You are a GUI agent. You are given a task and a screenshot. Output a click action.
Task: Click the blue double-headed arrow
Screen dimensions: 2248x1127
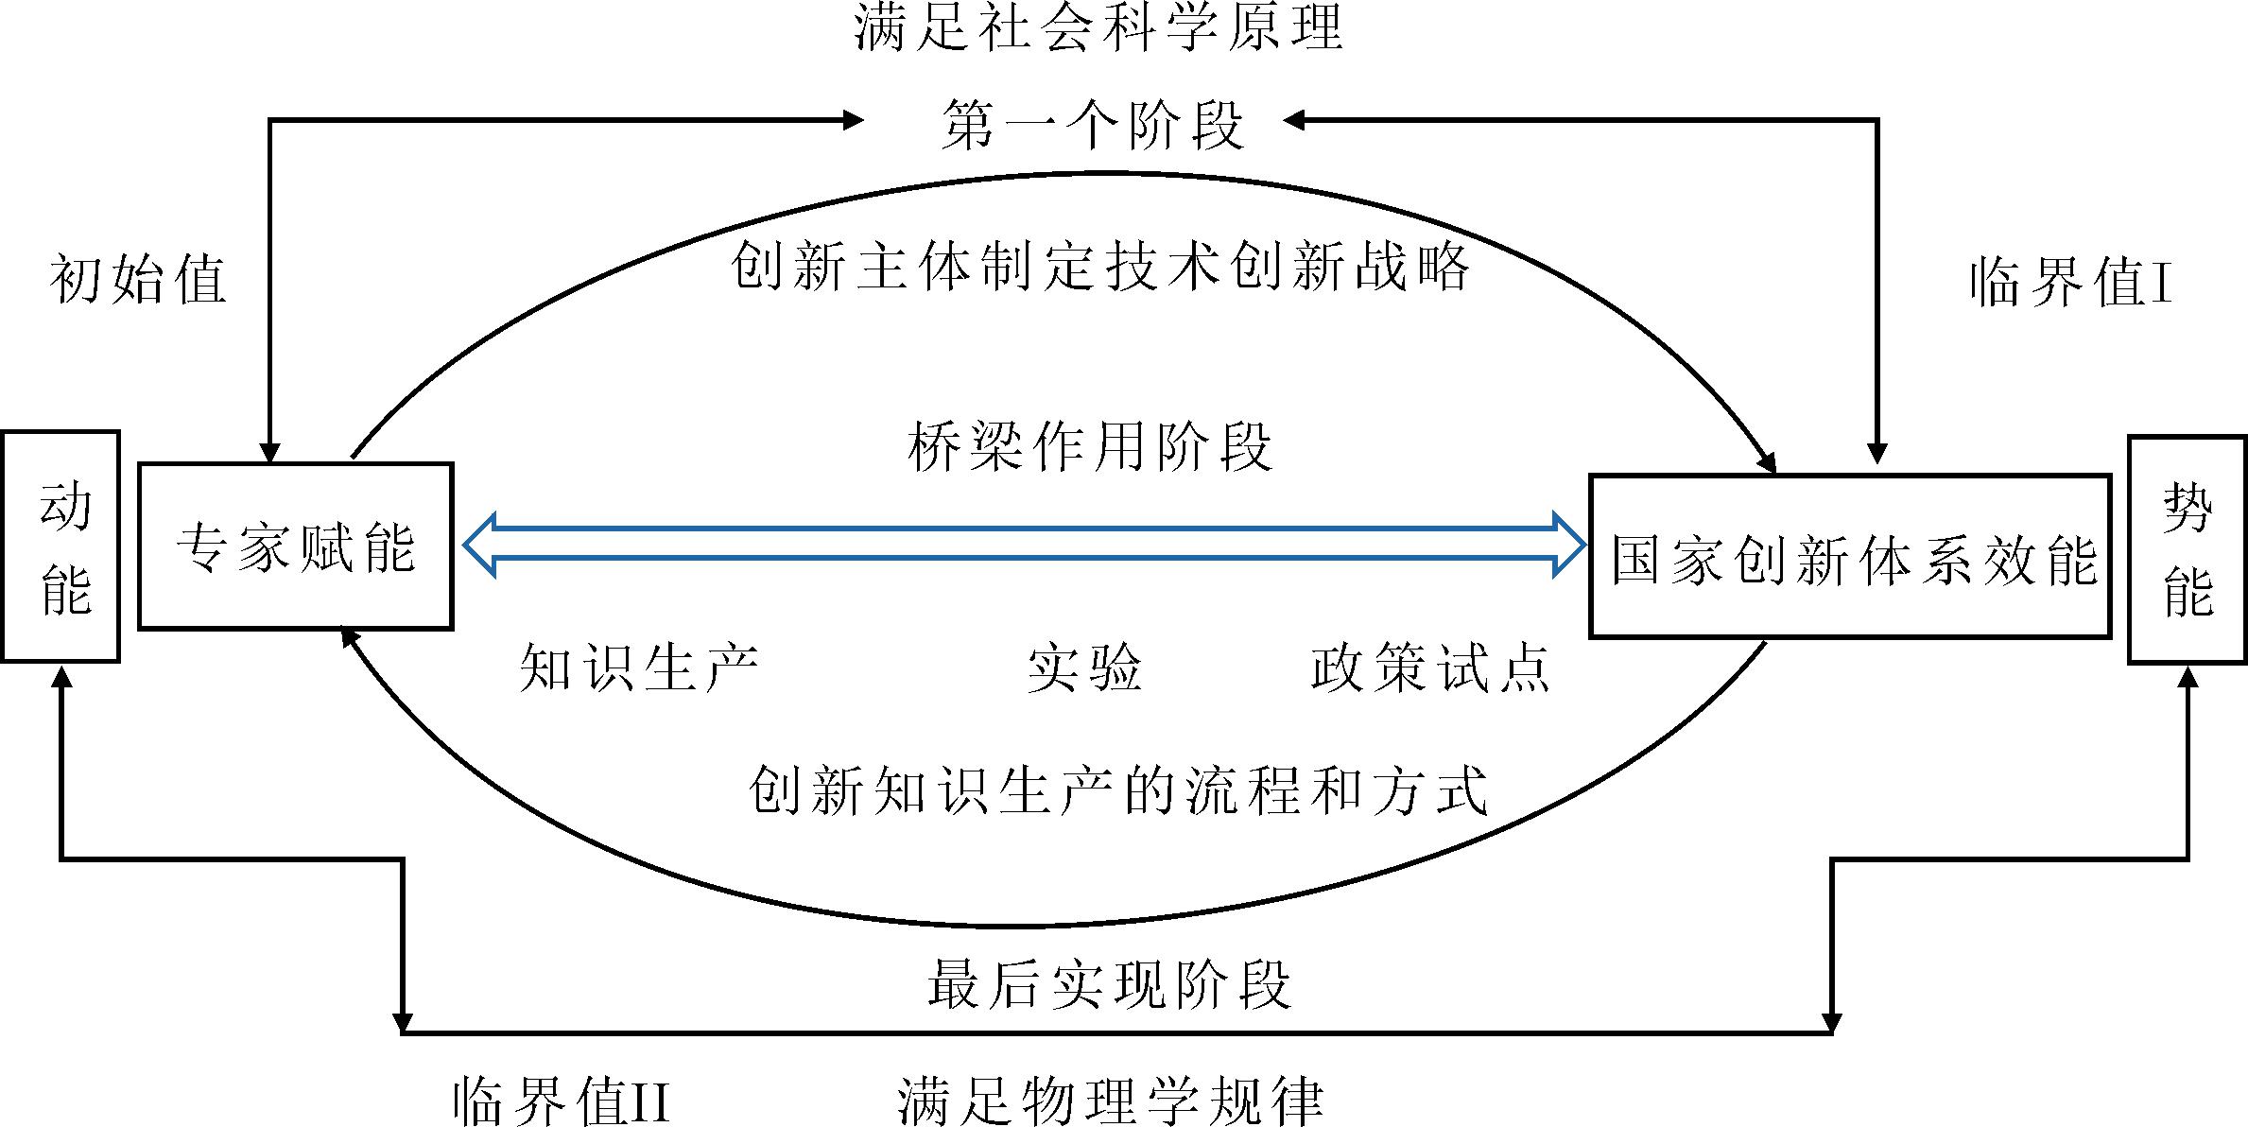[1024, 544]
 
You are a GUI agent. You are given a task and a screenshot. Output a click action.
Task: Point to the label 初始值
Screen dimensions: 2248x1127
[138, 279]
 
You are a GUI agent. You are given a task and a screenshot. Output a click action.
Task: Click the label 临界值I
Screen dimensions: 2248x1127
[2070, 282]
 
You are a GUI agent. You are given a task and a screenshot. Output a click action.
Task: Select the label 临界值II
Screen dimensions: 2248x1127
[562, 1100]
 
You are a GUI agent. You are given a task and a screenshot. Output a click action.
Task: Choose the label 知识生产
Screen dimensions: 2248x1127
[639, 667]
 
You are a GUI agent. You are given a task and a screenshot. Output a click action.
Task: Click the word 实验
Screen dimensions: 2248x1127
[1084, 667]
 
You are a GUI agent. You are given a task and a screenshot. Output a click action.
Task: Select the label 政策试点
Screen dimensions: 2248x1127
[1430, 667]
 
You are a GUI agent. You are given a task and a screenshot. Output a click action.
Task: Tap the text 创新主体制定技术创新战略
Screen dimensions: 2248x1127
[1099, 266]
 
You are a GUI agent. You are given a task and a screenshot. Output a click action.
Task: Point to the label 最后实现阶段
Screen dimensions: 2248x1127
[1109, 983]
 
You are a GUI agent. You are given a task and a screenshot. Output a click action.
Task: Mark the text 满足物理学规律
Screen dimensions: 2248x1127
[1110, 1100]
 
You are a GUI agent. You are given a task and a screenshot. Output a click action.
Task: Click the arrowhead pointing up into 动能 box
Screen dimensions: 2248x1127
[62, 674]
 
